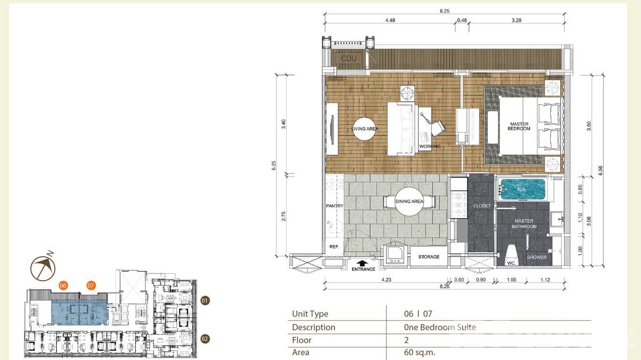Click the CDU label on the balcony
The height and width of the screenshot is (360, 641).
tap(349, 59)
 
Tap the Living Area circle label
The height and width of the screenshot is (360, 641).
tap(364, 129)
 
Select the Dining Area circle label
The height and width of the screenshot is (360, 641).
tap(409, 201)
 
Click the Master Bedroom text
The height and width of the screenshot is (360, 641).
tap(519, 127)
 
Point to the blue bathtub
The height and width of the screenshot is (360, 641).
tap(522, 190)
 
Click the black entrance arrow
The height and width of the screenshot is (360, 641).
tap(363, 263)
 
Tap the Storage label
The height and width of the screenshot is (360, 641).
tap(428, 257)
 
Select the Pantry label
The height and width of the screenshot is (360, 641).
tap(335, 206)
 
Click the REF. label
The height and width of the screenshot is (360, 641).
tap(334, 247)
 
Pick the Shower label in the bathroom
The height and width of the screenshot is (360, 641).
tap(536, 257)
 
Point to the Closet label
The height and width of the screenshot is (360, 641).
tap(482, 206)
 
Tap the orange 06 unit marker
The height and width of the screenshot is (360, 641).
tap(63, 286)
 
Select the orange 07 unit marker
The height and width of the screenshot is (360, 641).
tap(91, 286)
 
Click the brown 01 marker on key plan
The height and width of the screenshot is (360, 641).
tap(205, 301)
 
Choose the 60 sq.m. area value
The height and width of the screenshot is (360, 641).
tap(420, 352)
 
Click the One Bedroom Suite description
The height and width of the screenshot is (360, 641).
tap(439, 327)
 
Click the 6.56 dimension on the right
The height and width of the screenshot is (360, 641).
tap(600, 170)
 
